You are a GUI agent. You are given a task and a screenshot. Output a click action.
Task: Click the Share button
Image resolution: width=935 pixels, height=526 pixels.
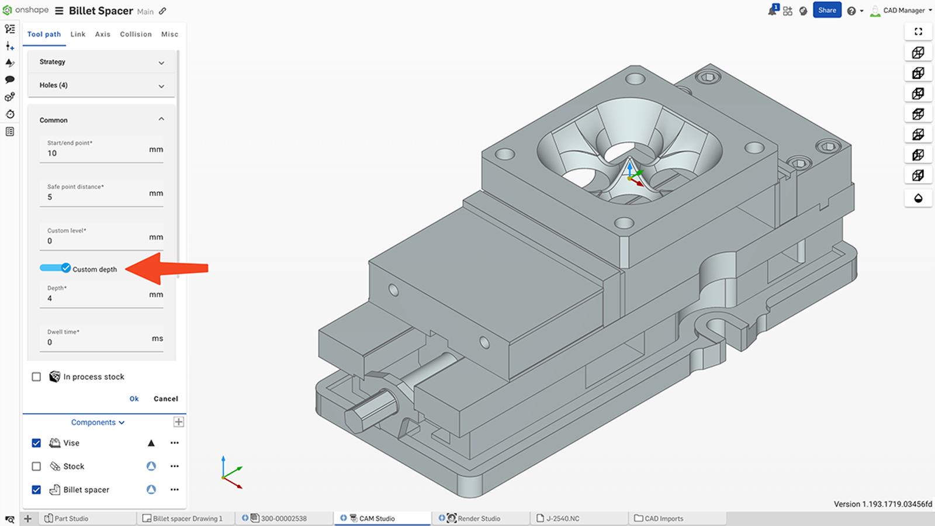tap(827, 10)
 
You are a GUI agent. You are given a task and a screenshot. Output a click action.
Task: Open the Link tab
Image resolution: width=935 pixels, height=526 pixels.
tap(78, 34)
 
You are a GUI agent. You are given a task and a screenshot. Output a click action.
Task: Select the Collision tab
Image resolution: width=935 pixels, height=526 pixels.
tap(136, 34)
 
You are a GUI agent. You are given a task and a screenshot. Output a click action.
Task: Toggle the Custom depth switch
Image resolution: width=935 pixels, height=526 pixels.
tap(55, 268)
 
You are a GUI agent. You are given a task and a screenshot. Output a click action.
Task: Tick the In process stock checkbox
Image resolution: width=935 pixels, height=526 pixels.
tap(36, 377)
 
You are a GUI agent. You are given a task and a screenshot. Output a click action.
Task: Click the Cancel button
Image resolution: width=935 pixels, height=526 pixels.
tap(165, 399)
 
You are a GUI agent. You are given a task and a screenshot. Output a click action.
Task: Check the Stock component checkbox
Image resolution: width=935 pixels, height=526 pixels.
tap(36, 466)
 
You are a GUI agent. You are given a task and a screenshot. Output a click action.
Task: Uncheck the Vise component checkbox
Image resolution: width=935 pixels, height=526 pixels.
tap(36, 443)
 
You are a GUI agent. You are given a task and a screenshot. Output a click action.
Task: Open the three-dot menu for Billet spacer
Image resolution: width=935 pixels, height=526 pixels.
tap(174, 490)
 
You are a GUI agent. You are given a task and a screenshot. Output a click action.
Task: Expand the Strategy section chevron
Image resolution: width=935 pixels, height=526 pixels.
tap(161, 63)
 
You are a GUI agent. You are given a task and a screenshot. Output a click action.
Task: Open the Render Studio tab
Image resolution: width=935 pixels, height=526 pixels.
tap(479, 518)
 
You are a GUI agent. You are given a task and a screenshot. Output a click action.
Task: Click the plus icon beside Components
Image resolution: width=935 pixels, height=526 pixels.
tap(179, 422)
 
